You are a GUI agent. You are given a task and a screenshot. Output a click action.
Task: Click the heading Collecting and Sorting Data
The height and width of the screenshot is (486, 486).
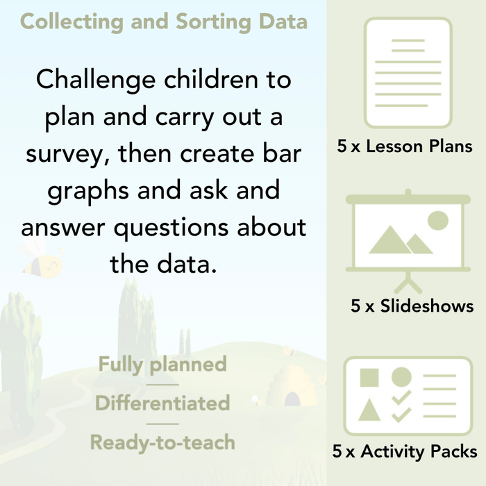[163, 22]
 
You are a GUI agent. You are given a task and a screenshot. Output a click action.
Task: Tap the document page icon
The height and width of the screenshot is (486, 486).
[408, 73]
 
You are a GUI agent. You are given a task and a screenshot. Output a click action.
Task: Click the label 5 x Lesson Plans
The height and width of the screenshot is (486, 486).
[405, 146]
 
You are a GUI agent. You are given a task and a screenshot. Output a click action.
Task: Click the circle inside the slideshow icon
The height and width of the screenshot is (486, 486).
[437, 221]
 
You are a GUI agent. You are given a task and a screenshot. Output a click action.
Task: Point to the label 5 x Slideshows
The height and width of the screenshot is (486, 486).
[412, 306]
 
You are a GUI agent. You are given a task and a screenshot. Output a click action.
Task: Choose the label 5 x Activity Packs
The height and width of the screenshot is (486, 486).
[405, 452]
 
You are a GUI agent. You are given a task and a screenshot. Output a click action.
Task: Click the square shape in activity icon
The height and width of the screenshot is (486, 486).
[369, 378]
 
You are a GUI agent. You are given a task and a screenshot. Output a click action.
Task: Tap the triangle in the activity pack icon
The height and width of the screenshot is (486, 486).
[369, 410]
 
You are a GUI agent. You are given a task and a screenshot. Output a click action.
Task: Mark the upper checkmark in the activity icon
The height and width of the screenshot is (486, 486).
[401, 398]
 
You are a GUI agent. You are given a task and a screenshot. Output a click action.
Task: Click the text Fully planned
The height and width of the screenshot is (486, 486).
[162, 364]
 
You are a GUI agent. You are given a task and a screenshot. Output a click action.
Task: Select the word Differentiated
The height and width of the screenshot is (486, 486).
[162, 403]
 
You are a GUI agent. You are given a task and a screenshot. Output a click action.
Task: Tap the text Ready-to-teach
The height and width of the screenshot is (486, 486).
[162, 442]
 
